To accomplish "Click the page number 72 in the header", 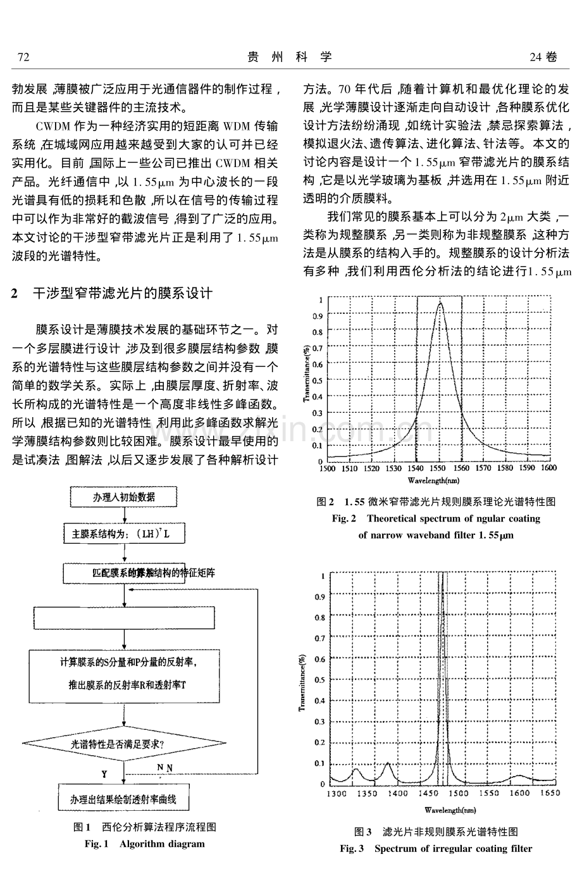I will coord(23,58).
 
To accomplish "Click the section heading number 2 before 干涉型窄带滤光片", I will coord(15,294).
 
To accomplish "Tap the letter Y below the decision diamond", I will coord(104,773).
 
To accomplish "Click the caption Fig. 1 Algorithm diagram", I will coord(144,844).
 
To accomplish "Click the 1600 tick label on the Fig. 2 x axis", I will coord(548,468).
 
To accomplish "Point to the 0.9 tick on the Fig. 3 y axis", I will coord(320,597).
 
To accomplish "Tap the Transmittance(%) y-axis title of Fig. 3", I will coord(303,680).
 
